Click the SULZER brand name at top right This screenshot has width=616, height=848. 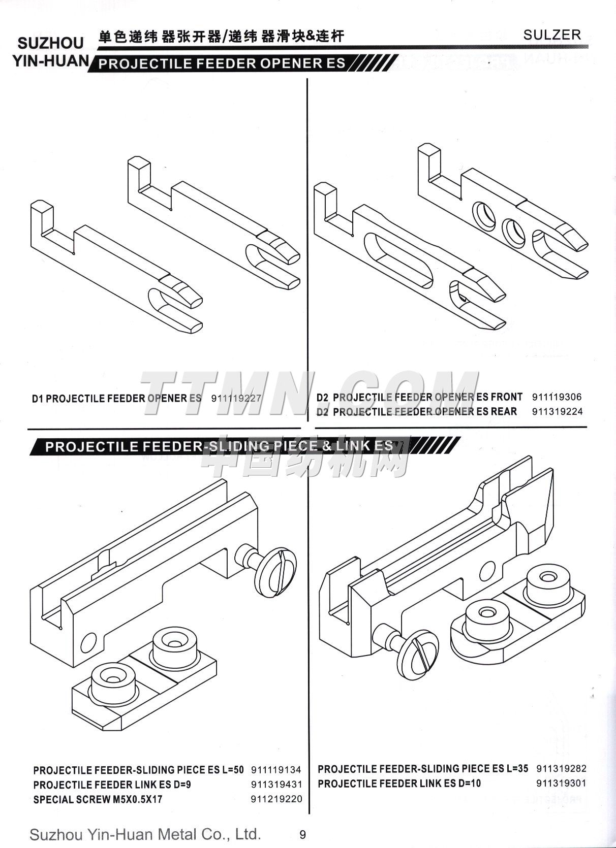(552, 35)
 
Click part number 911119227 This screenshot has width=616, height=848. (236, 398)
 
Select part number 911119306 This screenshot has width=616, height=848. (557, 397)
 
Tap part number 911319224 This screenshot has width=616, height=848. (557, 411)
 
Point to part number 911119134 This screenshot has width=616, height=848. (276, 770)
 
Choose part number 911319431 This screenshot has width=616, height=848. (276, 785)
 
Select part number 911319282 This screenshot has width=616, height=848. (562, 768)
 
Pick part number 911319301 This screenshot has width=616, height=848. (562, 783)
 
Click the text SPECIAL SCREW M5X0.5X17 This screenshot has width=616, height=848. (98, 799)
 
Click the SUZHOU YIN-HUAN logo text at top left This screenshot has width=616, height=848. (51, 51)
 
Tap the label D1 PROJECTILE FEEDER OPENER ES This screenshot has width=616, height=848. (117, 398)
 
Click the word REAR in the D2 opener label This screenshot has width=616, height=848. (504, 411)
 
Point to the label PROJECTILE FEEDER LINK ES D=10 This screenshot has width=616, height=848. (399, 784)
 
